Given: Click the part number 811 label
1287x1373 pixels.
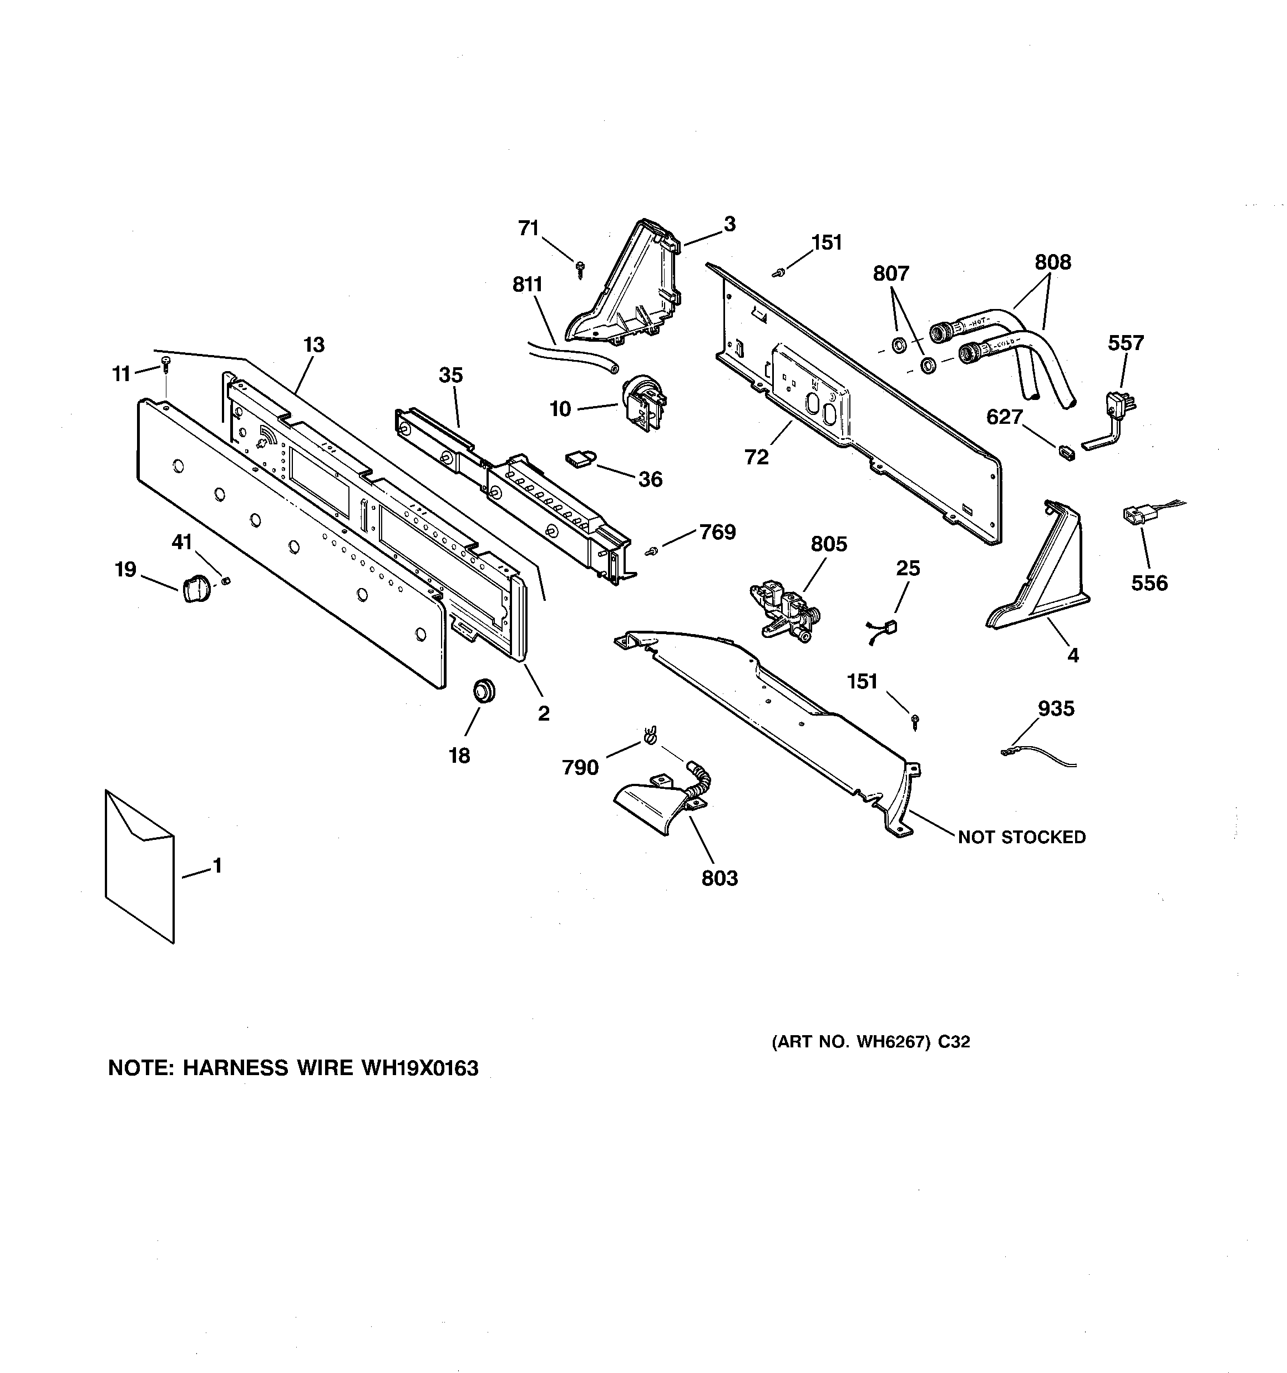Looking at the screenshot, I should (527, 285).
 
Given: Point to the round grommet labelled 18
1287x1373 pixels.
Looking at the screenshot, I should (484, 690).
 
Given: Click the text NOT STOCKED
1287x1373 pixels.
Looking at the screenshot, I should (1021, 837).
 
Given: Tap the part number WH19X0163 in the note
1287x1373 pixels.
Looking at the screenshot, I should (419, 1068).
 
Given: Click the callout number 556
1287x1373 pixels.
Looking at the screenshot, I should (1149, 583).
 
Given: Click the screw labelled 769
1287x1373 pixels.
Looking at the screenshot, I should (651, 551).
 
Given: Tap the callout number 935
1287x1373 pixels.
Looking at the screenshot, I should (1056, 708).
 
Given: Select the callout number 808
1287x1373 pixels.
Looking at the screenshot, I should (1052, 262).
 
